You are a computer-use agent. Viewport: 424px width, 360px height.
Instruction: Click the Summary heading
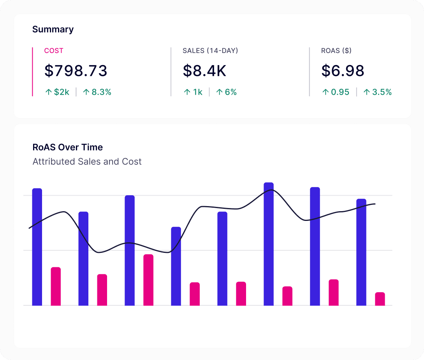(x=53, y=29)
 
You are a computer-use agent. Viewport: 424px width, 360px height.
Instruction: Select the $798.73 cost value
(x=76, y=71)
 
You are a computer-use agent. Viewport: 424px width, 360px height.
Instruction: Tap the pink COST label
(x=54, y=51)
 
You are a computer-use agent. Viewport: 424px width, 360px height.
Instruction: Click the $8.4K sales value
(x=204, y=71)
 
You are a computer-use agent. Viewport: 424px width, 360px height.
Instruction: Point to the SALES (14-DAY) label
(x=210, y=51)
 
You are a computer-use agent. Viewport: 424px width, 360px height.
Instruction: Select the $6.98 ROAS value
(x=343, y=71)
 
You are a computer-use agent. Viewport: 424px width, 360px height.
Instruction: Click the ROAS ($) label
(x=336, y=51)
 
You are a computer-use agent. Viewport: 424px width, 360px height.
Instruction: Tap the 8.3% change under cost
(x=98, y=92)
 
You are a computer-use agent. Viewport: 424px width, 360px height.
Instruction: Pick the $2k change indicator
(x=57, y=92)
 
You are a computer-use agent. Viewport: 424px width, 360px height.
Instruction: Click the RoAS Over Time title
(x=68, y=147)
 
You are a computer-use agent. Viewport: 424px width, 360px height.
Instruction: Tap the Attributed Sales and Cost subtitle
(x=87, y=161)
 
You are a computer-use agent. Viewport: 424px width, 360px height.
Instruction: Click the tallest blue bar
(x=269, y=244)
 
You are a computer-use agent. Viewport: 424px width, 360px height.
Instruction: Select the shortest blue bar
(x=176, y=266)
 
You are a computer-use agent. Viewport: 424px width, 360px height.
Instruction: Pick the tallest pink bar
(x=148, y=280)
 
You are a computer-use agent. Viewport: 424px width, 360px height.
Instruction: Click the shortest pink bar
(x=380, y=299)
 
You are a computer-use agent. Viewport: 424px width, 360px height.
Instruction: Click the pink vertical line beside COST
(x=32, y=72)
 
